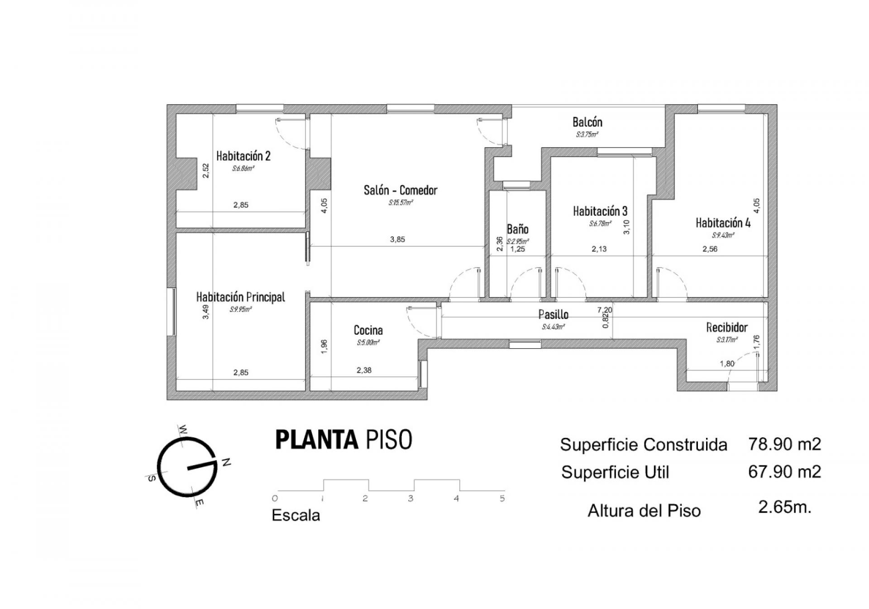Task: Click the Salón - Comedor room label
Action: pos(401,190)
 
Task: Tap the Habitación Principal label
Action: pos(240,297)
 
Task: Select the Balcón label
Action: pos(587,122)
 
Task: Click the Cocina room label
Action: pos(368,331)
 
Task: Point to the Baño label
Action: pos(517,229)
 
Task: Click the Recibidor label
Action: pos(726,327)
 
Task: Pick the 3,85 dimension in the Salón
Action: pos(397,240)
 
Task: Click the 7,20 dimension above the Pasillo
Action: pos(605,310)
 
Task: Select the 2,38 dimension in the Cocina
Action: pos(364,370)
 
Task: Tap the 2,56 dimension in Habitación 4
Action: pos(710,249)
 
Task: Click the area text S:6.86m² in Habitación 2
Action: pos(243,168)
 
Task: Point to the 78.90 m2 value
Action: pos(784,444)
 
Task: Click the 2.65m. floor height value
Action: pos(785,507)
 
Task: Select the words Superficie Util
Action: pos(615,472)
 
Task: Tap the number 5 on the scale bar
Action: pos(502,499)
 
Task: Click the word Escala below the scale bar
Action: pos(296,515)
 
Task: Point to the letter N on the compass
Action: pos(227,462)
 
